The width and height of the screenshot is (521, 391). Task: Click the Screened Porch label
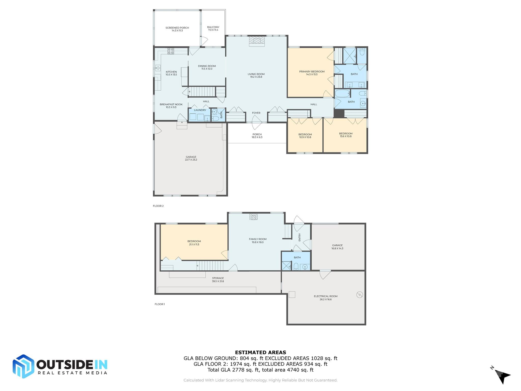pos(177,29)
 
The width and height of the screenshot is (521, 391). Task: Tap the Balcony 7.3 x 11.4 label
pos(213,29)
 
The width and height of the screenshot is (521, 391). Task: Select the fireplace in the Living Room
pos(257,41)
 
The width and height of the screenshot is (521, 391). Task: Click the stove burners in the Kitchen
pos(170,51)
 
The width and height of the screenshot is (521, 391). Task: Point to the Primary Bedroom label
pos(312,73)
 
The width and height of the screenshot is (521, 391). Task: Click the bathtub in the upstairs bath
pos(342,93)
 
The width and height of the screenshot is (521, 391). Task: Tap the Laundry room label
pos(200,110)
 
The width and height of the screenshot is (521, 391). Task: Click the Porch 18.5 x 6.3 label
pos(257,136)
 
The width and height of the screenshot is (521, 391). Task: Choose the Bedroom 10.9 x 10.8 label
pos(305,136)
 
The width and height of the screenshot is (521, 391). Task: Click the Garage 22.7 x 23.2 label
pos(191,158)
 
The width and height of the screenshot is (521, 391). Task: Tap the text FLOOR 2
pos(158,206)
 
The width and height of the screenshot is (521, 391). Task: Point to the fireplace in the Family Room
pos(253,217)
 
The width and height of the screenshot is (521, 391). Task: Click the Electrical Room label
pos(325,298)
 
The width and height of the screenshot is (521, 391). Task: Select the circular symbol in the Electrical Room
pos(359,295)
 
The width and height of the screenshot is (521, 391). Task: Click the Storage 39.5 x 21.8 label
pos(218,280)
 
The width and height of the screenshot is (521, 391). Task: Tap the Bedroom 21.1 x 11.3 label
pos(194,243)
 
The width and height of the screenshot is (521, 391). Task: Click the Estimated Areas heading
pos(260,352)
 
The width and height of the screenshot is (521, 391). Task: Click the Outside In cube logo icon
pos(23,366)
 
